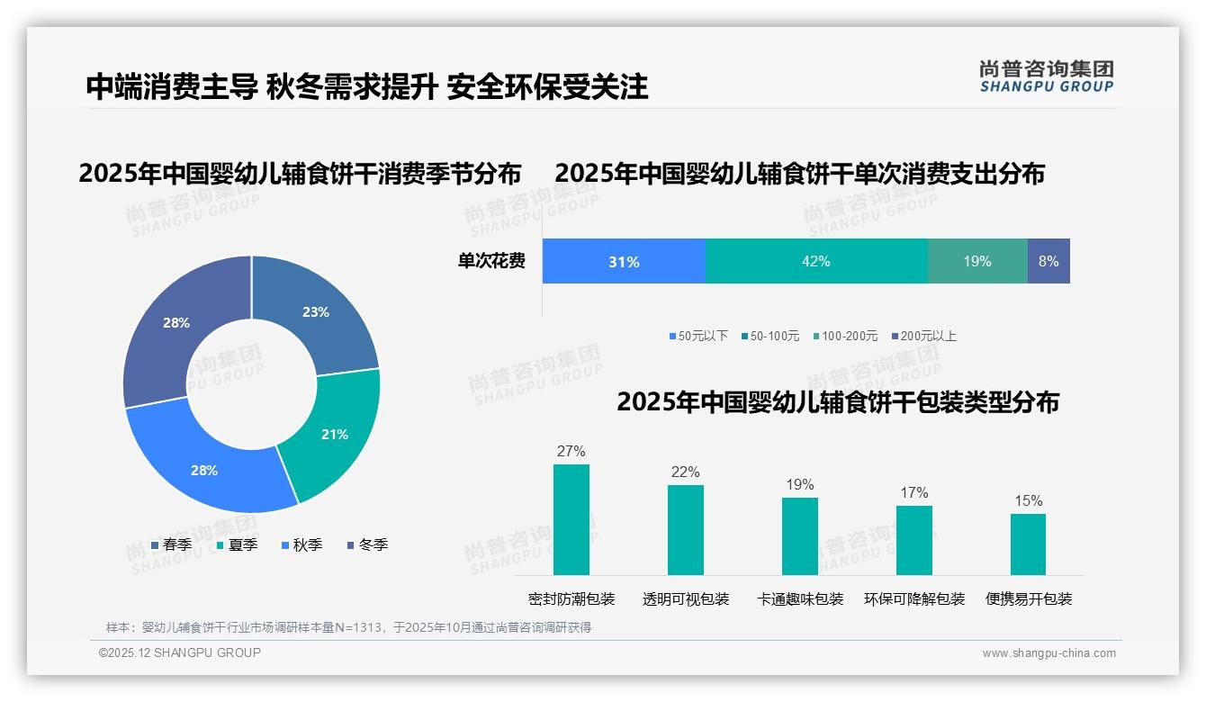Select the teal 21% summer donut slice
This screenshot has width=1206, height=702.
pyautogui.click(x=334, y=434)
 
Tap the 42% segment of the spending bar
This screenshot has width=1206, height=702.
pyautogui.click(x=815, y=262)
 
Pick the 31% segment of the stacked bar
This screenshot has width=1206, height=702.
pyautogui.click(x=624, y=262)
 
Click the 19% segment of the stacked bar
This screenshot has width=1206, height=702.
pyautogui.click(x=976, y=262)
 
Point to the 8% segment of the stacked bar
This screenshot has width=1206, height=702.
pyautogui.click(x=1048, y=262)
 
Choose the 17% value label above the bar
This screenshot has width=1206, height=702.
pyautogui.click(x=913, y=492)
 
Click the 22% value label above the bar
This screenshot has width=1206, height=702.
pyautogui.click(x=685, y=472)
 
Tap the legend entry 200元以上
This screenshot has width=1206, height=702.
pyautogui.click(x=924, y=337)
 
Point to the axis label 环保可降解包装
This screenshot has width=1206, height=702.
pyautogui.click(x=914, y=599)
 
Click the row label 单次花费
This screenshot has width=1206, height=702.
pyautogui.click(x=491, y=262)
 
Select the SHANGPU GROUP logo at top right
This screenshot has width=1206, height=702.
pyautogui.click(x=1046, y=76)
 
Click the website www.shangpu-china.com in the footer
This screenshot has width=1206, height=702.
pyautogui.click(x=1048, y=653)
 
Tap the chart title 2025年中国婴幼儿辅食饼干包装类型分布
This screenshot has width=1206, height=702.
pyautogui.click(x=837, y=402)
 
